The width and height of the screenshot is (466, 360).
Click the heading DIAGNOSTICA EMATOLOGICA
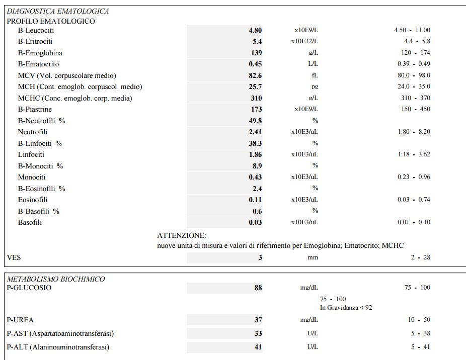58,11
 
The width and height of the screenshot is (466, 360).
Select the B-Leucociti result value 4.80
255,30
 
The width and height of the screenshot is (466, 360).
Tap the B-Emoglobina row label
40,53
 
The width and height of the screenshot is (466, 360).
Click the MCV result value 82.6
255,75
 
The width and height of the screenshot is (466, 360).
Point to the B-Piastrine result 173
256,109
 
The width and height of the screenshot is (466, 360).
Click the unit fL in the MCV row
315,75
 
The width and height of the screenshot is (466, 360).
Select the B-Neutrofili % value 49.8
255,121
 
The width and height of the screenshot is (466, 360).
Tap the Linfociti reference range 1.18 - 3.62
414,154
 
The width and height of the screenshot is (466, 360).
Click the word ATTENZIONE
182,235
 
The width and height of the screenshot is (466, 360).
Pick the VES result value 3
260,257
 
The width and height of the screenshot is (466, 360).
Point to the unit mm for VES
313,257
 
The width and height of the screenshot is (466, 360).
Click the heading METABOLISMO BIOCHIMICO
56,279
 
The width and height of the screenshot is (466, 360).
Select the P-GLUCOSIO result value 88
258,288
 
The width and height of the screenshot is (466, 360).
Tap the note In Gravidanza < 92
346,307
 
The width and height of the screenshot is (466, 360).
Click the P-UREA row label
21,320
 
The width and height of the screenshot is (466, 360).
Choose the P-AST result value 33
258,333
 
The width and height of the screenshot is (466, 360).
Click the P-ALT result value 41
258,347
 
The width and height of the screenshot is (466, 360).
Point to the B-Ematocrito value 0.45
255,64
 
